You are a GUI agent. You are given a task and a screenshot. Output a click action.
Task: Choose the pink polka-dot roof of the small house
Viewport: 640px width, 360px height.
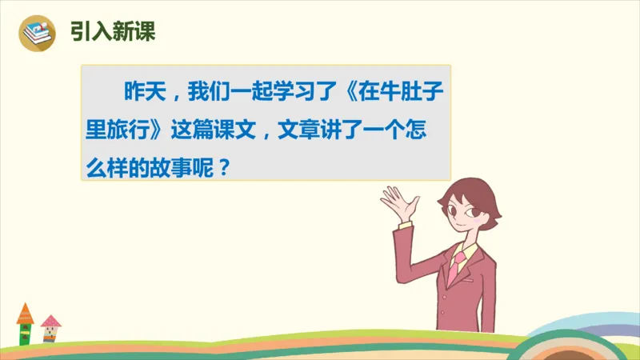(50, 321)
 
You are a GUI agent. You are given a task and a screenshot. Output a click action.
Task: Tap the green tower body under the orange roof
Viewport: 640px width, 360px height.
(25, 333)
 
